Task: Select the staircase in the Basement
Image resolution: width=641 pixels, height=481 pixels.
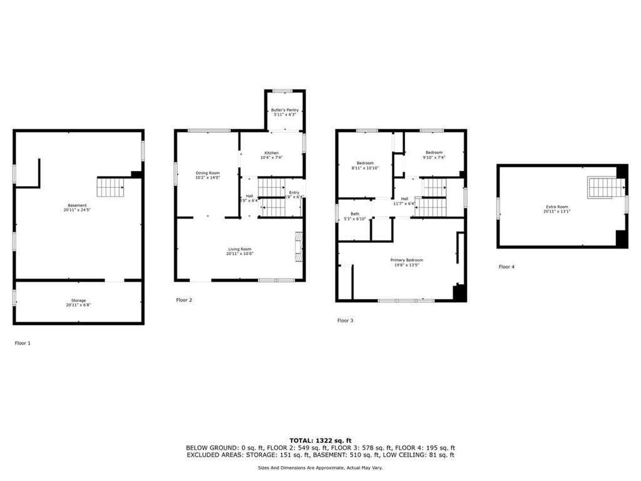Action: tap(110, 187)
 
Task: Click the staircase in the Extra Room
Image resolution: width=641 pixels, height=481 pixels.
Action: tap(605, 187)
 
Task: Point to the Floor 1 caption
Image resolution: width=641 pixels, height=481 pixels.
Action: tap(24, 343)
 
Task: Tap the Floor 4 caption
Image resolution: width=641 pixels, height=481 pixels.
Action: tap(506, 267)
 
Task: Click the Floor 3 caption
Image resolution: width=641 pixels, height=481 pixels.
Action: tap(346, 321)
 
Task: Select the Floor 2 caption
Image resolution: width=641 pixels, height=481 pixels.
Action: tap(184, 300)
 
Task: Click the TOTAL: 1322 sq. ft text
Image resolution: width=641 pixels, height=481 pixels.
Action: tap(320, 441)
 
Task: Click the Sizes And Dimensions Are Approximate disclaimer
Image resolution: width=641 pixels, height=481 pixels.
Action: tap(320, 467)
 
